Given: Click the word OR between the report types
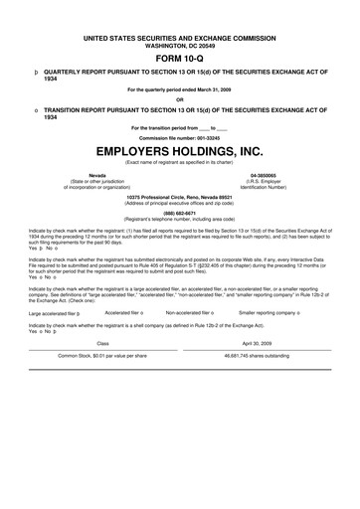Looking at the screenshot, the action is point(179,98).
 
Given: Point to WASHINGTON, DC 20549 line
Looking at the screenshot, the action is point(179,44).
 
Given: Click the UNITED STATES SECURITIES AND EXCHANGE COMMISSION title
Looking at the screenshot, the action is point(179,36).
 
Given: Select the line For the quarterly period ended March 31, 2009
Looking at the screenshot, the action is point(179,89).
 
